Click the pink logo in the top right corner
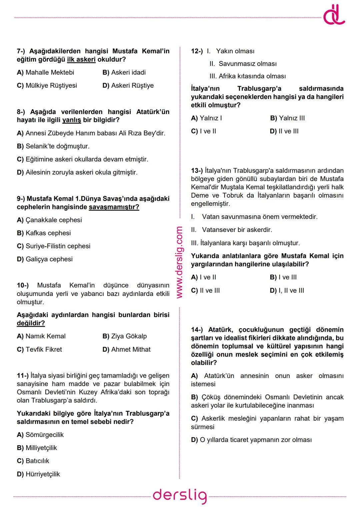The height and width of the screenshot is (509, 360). (x=334, y=16)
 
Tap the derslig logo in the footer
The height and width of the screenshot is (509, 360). (x=180, y=496)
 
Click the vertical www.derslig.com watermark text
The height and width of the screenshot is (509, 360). (x=179, y=262)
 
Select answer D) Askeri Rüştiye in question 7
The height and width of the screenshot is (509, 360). (x=128, y=86)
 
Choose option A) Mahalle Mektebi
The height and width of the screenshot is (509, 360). (x=45, y=73)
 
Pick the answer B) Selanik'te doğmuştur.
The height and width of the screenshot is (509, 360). (x=53, y=146)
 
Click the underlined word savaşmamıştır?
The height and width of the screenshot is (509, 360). (x=114, y=207)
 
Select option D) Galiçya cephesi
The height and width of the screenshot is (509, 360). (x=44, y=259)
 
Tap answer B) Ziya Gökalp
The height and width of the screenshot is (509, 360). (x=124, y=336)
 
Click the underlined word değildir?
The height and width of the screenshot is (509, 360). (x=31, y=323)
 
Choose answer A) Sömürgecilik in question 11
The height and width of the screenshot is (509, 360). (x=40, y=435)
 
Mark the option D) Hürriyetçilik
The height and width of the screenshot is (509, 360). (x=38, y=474)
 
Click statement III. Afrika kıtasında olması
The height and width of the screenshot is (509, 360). (x=247, y=76)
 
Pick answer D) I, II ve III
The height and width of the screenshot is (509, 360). (x=287, y=291)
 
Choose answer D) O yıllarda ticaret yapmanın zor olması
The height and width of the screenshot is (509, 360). (x=251, y=440)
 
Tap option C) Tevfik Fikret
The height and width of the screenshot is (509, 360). (x=39, y=350)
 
